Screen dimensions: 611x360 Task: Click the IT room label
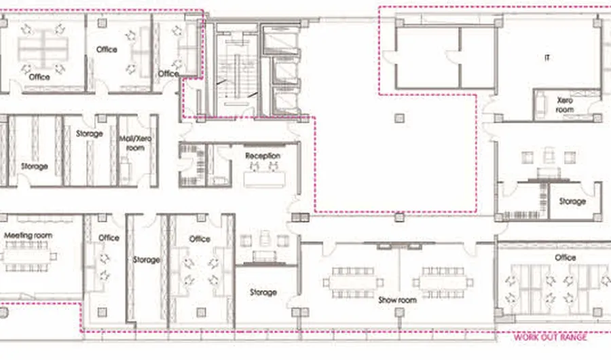click(547, 58)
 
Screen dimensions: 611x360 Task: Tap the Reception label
click(263, 156)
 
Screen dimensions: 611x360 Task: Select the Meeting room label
click(28, 235)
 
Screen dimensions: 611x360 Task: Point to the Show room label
click(397, 300)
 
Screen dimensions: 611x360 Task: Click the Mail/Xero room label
click(135, 143)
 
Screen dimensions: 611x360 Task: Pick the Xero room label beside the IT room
click(565, 105)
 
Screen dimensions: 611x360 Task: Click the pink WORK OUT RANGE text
click(550, 338)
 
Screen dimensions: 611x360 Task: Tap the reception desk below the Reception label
click(265, 179)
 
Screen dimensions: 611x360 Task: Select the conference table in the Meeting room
click(26, 256)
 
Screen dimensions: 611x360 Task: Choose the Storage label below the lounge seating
click(263, 292)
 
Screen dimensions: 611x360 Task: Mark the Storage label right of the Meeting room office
click(147, 259)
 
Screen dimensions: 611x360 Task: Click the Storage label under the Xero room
click(572, 201)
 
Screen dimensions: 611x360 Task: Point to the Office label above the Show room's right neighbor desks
click(566, 258)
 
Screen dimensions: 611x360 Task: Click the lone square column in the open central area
click(399, 118)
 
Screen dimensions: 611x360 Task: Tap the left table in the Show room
click(352, 283)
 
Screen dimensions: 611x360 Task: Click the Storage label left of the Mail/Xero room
click(90, 133)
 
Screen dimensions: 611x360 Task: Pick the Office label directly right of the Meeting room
click(109, 238)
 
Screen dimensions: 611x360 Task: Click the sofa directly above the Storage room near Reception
click(265, 256)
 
